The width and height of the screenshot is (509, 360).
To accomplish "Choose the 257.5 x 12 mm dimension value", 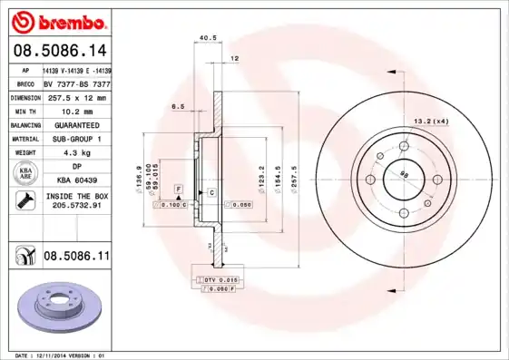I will (x=76, y=97).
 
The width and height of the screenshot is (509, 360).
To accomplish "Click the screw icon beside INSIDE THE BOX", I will (x=20, y=200).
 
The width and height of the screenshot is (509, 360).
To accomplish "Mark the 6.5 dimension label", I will (x=178, y=107).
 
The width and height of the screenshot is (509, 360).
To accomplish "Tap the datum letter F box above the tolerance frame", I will (x=179, y=187).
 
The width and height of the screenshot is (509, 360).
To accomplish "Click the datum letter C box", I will (x=210, y=193).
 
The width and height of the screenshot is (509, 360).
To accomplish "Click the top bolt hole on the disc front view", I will (x=402, y=145).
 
